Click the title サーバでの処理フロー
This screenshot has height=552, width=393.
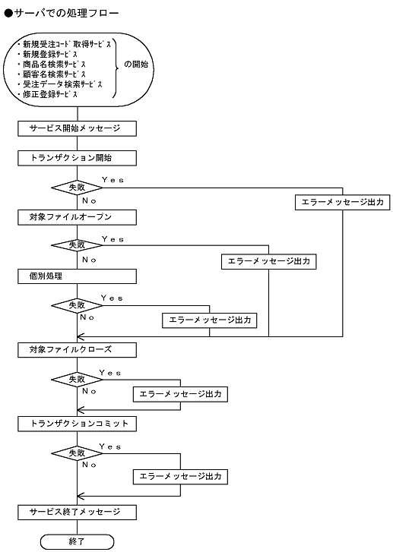coord(62,14)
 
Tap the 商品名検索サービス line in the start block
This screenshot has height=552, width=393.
coord(60,65)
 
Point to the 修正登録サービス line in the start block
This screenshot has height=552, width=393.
coord(55,94)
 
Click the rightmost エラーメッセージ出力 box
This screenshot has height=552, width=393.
coord(341,202)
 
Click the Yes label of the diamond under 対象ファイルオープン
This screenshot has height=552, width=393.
coord(112,239)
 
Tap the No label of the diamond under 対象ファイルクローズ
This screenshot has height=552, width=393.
coord(89,391)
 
